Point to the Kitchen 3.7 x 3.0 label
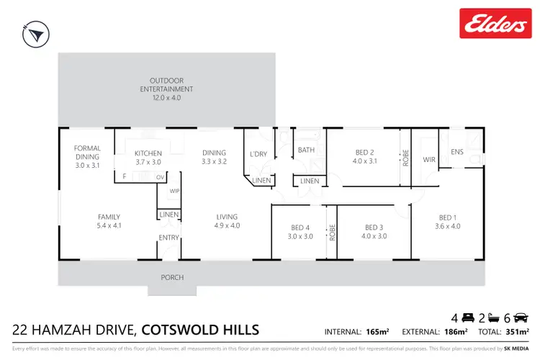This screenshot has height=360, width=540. (x=148, y=158)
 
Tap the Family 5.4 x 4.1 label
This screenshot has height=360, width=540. (x=109, y=221)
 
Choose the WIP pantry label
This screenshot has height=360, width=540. (x=174, y=192)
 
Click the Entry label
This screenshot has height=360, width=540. (x=168, y=237)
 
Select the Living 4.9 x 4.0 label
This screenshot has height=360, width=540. (x=227, y=221)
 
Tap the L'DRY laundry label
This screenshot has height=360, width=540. (x=258, y=154)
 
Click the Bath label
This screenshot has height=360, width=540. (x=307, y=150)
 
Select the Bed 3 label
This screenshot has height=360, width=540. (x=375, y=230)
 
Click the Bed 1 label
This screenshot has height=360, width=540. (x=449, y=222)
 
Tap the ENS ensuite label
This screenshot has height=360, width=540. (x=457, y=152)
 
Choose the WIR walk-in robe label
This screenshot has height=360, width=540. (x=429, y=159)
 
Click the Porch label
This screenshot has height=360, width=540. (x=172, y=277)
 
